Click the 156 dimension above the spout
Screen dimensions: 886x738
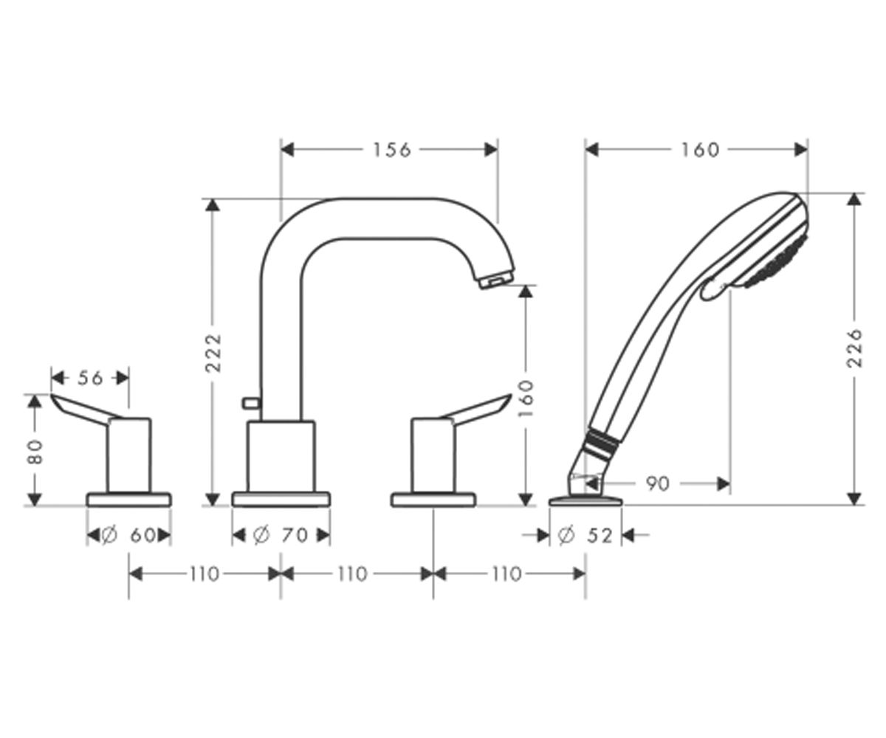pos(391,150)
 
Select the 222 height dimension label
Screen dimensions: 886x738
pos(213,353)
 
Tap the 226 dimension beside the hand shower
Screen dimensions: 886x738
pos(854,348)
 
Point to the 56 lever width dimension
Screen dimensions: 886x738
pos(90,378)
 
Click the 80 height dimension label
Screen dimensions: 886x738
pos(36,452)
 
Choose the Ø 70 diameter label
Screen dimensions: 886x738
pos(281,536)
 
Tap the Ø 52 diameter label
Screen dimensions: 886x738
pos(585,536)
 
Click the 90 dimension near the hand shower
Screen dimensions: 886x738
pos(657,483)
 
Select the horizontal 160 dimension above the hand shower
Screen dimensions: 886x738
pos(700,150)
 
